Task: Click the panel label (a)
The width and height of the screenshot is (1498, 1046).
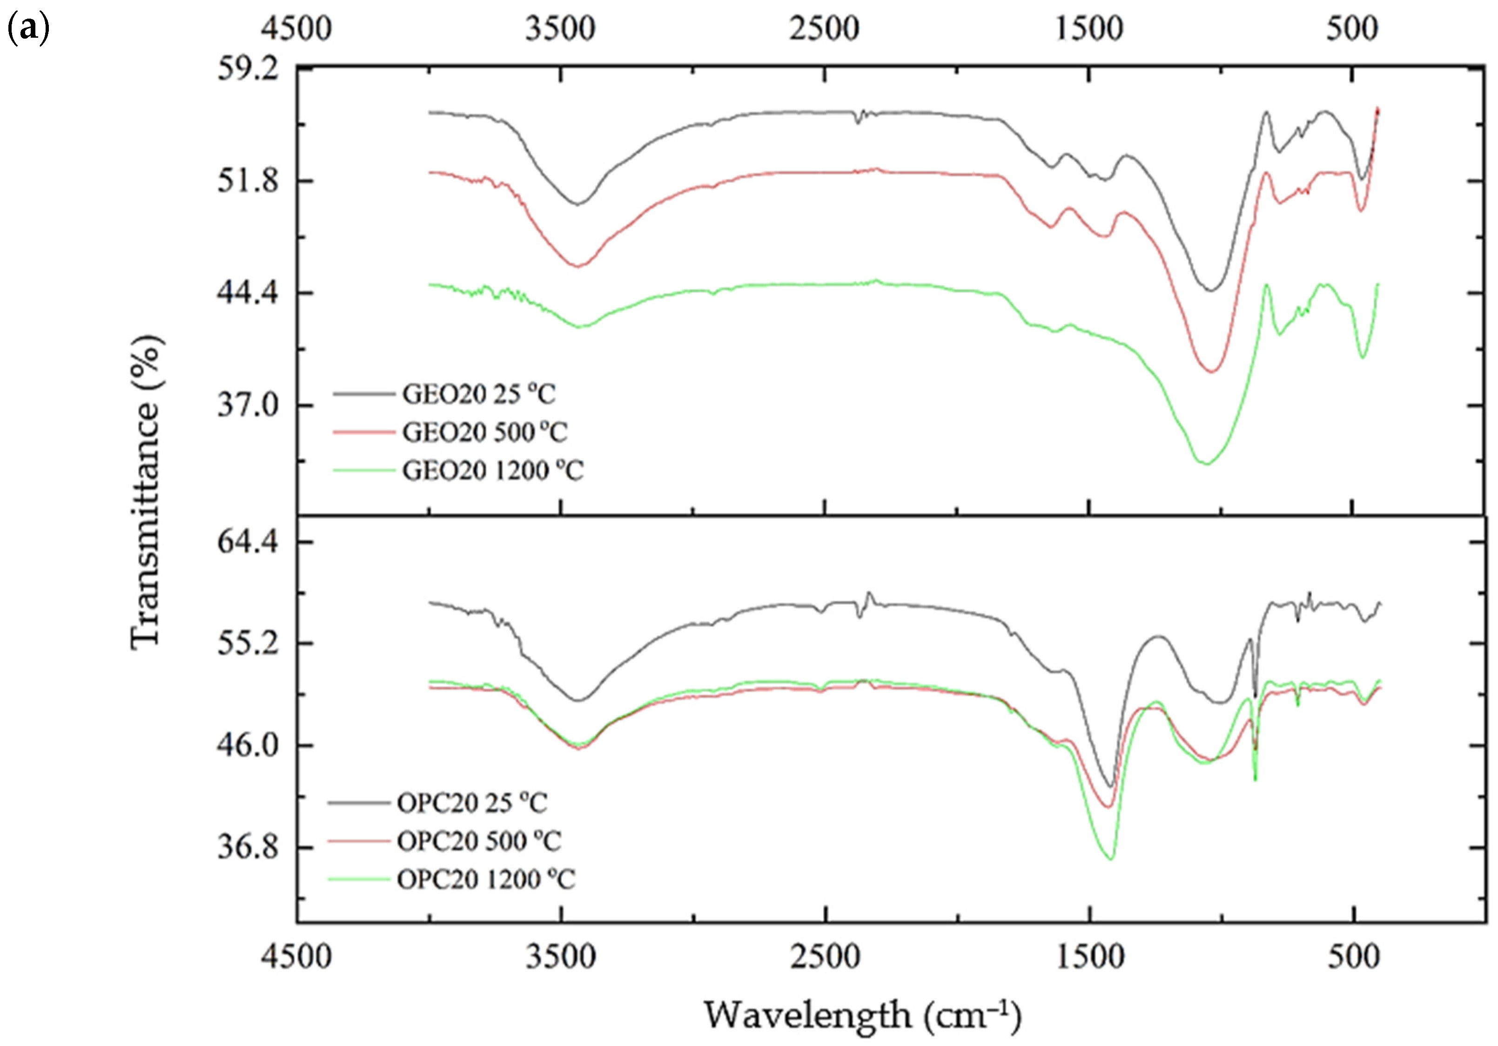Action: click(x=28, y=29)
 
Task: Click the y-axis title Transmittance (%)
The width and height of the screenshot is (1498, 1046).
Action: click(x=146, y=492)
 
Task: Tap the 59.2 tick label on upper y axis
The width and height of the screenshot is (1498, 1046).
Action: click(x=247, y=68)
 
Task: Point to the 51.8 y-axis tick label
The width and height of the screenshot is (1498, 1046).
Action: click(x=247, y=181)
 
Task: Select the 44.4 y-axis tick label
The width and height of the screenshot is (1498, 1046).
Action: click(x=247, y=293)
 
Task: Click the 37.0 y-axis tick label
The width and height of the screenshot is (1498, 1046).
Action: click(x=247, y=405)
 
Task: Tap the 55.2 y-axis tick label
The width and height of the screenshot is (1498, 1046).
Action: click(x=247, y=643)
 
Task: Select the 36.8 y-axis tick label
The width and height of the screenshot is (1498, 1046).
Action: click(x=247, y=848)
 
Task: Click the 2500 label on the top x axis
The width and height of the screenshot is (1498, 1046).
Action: click(x=824, y=29)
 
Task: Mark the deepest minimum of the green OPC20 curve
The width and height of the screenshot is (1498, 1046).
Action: click(x=1110, y=859)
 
